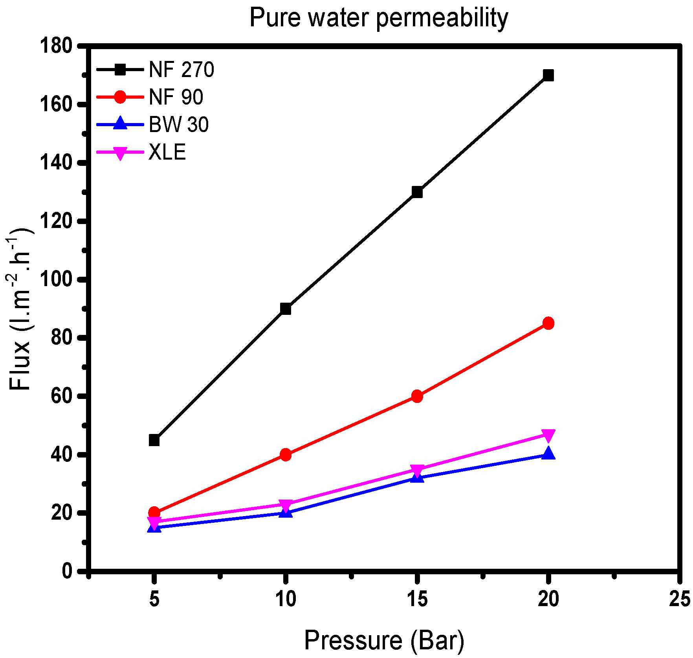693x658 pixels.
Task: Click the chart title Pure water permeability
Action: [x=379, y=18]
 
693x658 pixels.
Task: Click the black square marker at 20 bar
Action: [x=548, y=75]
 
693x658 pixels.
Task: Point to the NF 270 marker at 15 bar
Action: [x=417, y=192]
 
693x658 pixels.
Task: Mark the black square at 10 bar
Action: [x=286, y=309]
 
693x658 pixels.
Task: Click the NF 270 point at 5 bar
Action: [x=154, y=440]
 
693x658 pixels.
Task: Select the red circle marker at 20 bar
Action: [x=548, y=323]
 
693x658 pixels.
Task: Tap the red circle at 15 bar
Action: [x=417, y=396]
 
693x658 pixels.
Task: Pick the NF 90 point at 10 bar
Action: [x=286, y=455]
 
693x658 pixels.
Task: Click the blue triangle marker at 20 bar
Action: [x=548, y=454]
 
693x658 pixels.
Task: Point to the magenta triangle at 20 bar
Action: [x=548, y=435]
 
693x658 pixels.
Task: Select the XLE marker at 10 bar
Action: [x=286, y=505]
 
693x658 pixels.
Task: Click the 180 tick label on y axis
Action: [x=56, y=46]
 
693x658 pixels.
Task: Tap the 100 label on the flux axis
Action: [x=56, y=280]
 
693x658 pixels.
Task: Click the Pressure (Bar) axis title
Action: [x=384, y=640]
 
